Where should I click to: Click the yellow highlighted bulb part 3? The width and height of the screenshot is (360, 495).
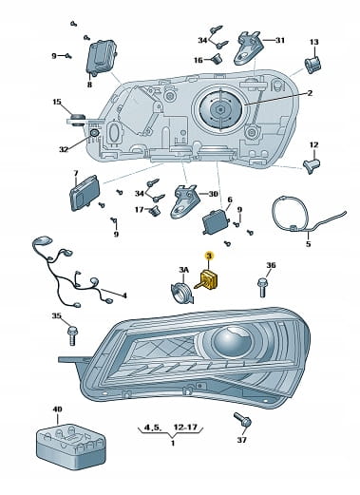[x=210, y=278]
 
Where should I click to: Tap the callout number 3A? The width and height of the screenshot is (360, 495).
[x=183, y=270]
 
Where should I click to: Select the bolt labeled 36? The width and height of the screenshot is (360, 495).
[x=262, y=287]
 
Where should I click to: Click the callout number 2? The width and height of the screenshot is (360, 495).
[x=310, y=93]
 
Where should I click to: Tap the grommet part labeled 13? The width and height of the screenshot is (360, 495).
[x=313, y=65]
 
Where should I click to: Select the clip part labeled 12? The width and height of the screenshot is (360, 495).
[x=312, y=166]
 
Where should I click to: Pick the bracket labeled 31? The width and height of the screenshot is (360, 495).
[x=248, y=48]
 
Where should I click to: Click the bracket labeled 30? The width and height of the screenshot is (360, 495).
[x=185, y=200]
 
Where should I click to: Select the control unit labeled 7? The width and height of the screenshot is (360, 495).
[x=85, y=193]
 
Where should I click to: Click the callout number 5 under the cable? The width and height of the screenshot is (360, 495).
[x=309, y=244]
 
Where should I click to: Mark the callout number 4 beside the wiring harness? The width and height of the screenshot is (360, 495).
[x=124, y=295]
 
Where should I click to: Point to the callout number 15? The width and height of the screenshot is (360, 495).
[x=57, y=102]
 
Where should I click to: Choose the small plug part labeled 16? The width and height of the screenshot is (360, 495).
[x=217, y=59]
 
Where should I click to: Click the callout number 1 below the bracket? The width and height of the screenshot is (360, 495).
[x=173, y=443]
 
